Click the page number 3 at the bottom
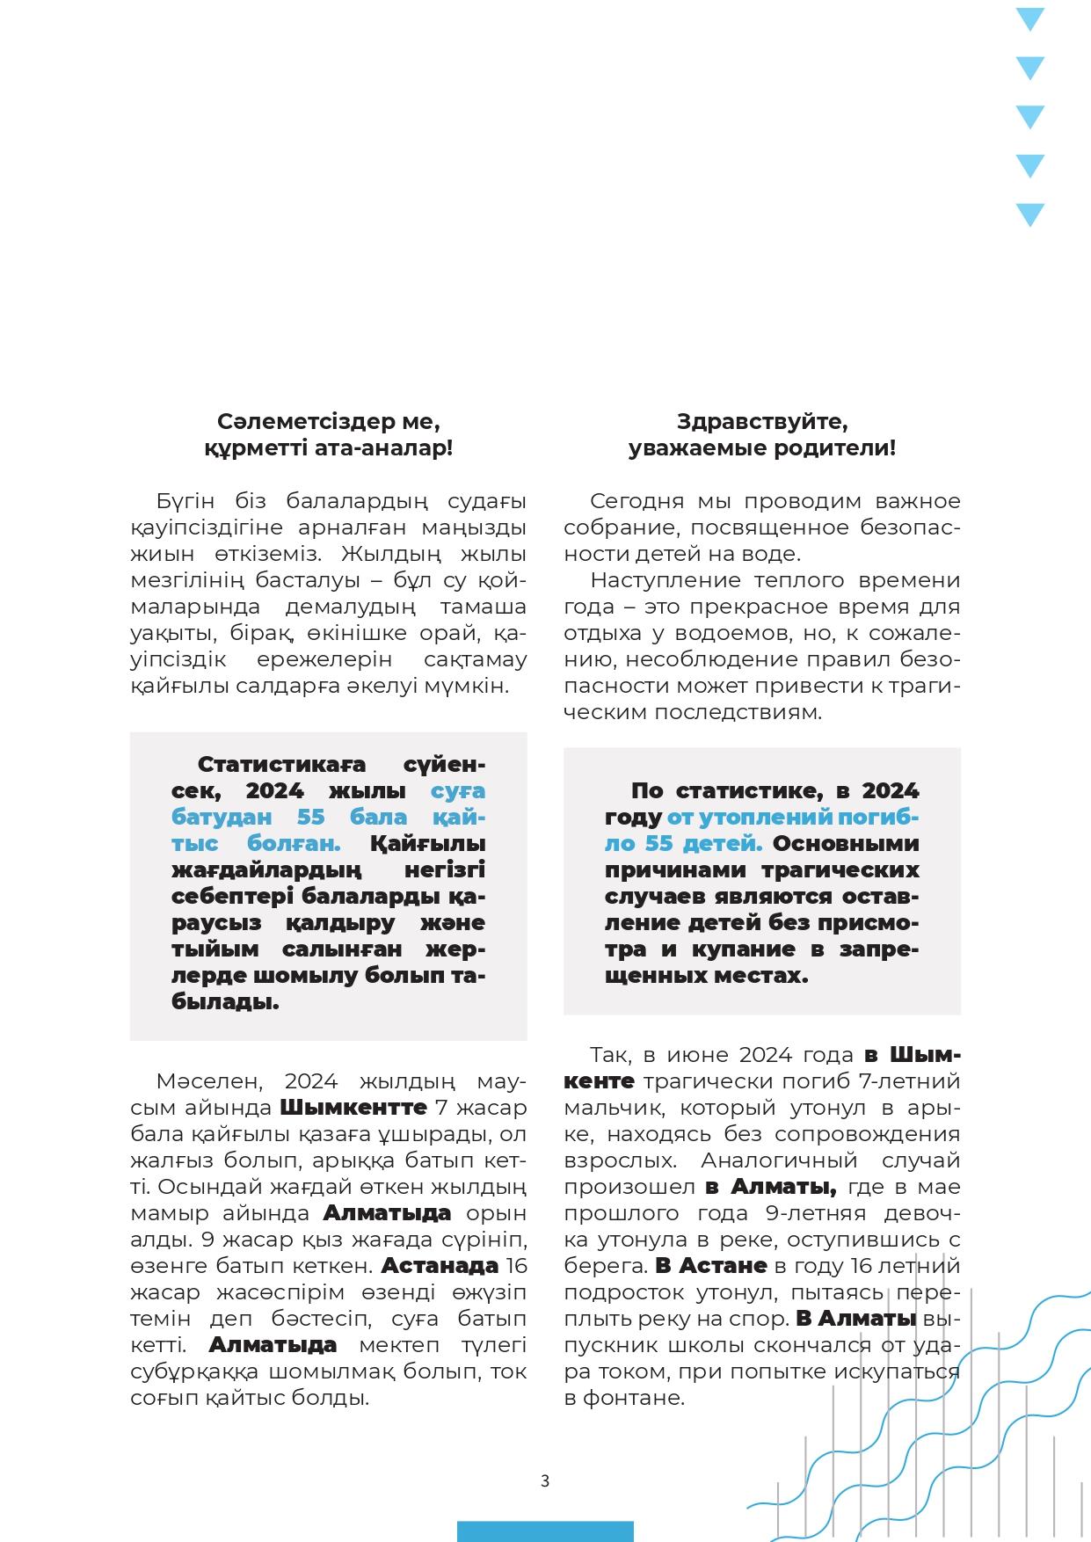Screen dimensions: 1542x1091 coord(545,1480)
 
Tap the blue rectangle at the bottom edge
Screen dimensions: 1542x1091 coord(545,1531)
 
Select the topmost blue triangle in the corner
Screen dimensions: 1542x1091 coord(1029,18)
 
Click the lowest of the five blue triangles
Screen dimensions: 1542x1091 coord(1029,215)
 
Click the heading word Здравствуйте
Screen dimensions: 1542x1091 coord(762,422)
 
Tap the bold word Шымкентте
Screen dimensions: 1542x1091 coord(353,1107)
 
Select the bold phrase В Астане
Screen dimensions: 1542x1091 coord(711,1266)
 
